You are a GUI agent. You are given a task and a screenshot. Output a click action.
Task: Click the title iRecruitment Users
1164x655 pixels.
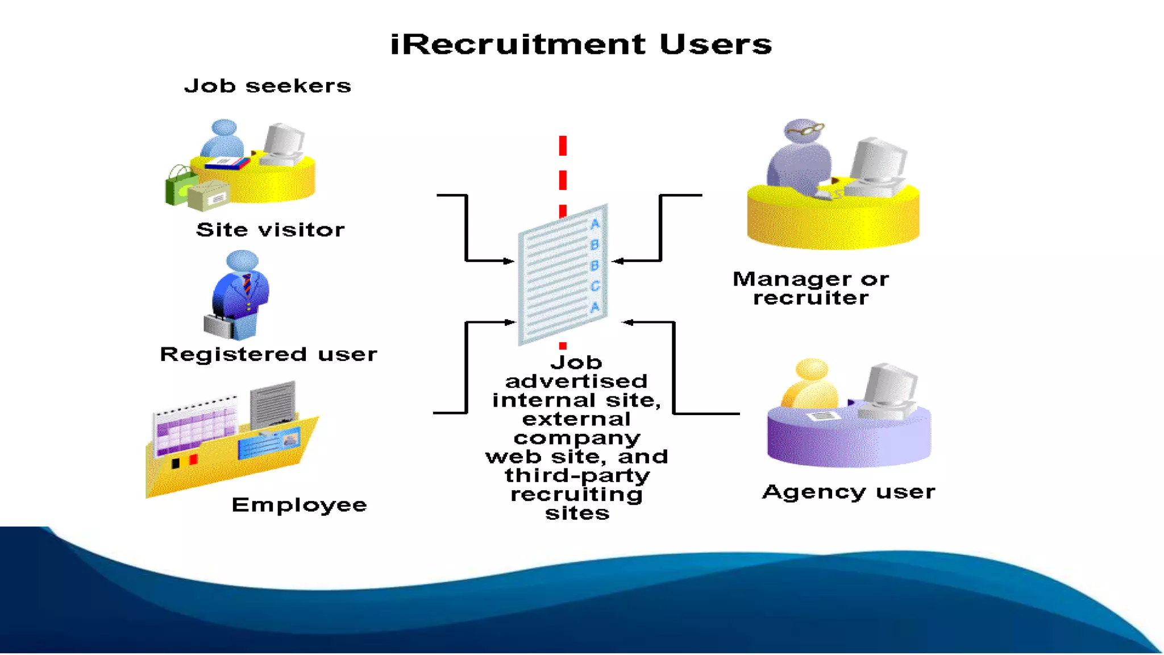click(581, 44)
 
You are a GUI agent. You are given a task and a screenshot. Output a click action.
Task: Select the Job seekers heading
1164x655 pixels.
click(268, 86)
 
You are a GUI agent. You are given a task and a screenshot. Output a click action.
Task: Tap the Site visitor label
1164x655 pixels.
click(270, 230)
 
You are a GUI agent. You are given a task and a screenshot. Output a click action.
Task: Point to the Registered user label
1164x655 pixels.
click(268, 354)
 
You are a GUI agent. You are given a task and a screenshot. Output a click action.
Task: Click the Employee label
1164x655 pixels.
click(299, 505)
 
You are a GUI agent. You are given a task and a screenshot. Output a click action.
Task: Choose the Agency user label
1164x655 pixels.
click(848, 492)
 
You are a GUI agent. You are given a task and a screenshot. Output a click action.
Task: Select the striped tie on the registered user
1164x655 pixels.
click(247, 284)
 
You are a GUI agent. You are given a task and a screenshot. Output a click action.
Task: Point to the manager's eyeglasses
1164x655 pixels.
click(805, 130)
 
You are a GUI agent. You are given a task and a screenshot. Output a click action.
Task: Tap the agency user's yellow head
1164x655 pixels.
click(812, 370)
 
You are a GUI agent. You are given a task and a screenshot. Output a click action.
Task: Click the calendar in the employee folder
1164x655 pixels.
click(195, 426)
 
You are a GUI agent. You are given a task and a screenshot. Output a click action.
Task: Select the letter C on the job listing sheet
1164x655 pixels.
click(595, 286)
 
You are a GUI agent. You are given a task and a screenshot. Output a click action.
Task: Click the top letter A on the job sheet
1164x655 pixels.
click(595, 224)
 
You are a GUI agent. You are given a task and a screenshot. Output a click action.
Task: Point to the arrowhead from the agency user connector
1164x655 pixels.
click(627, 322)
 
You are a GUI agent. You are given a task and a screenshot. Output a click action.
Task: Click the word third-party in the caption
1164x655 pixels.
click(577, 475)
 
